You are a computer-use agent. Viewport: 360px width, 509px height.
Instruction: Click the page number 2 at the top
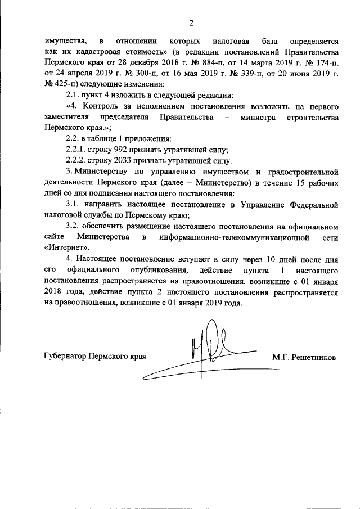tap(191, 23)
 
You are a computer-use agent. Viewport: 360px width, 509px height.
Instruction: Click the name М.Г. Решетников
tap(304, 357)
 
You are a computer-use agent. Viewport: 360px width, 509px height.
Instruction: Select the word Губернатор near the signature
tap(67, 357)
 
